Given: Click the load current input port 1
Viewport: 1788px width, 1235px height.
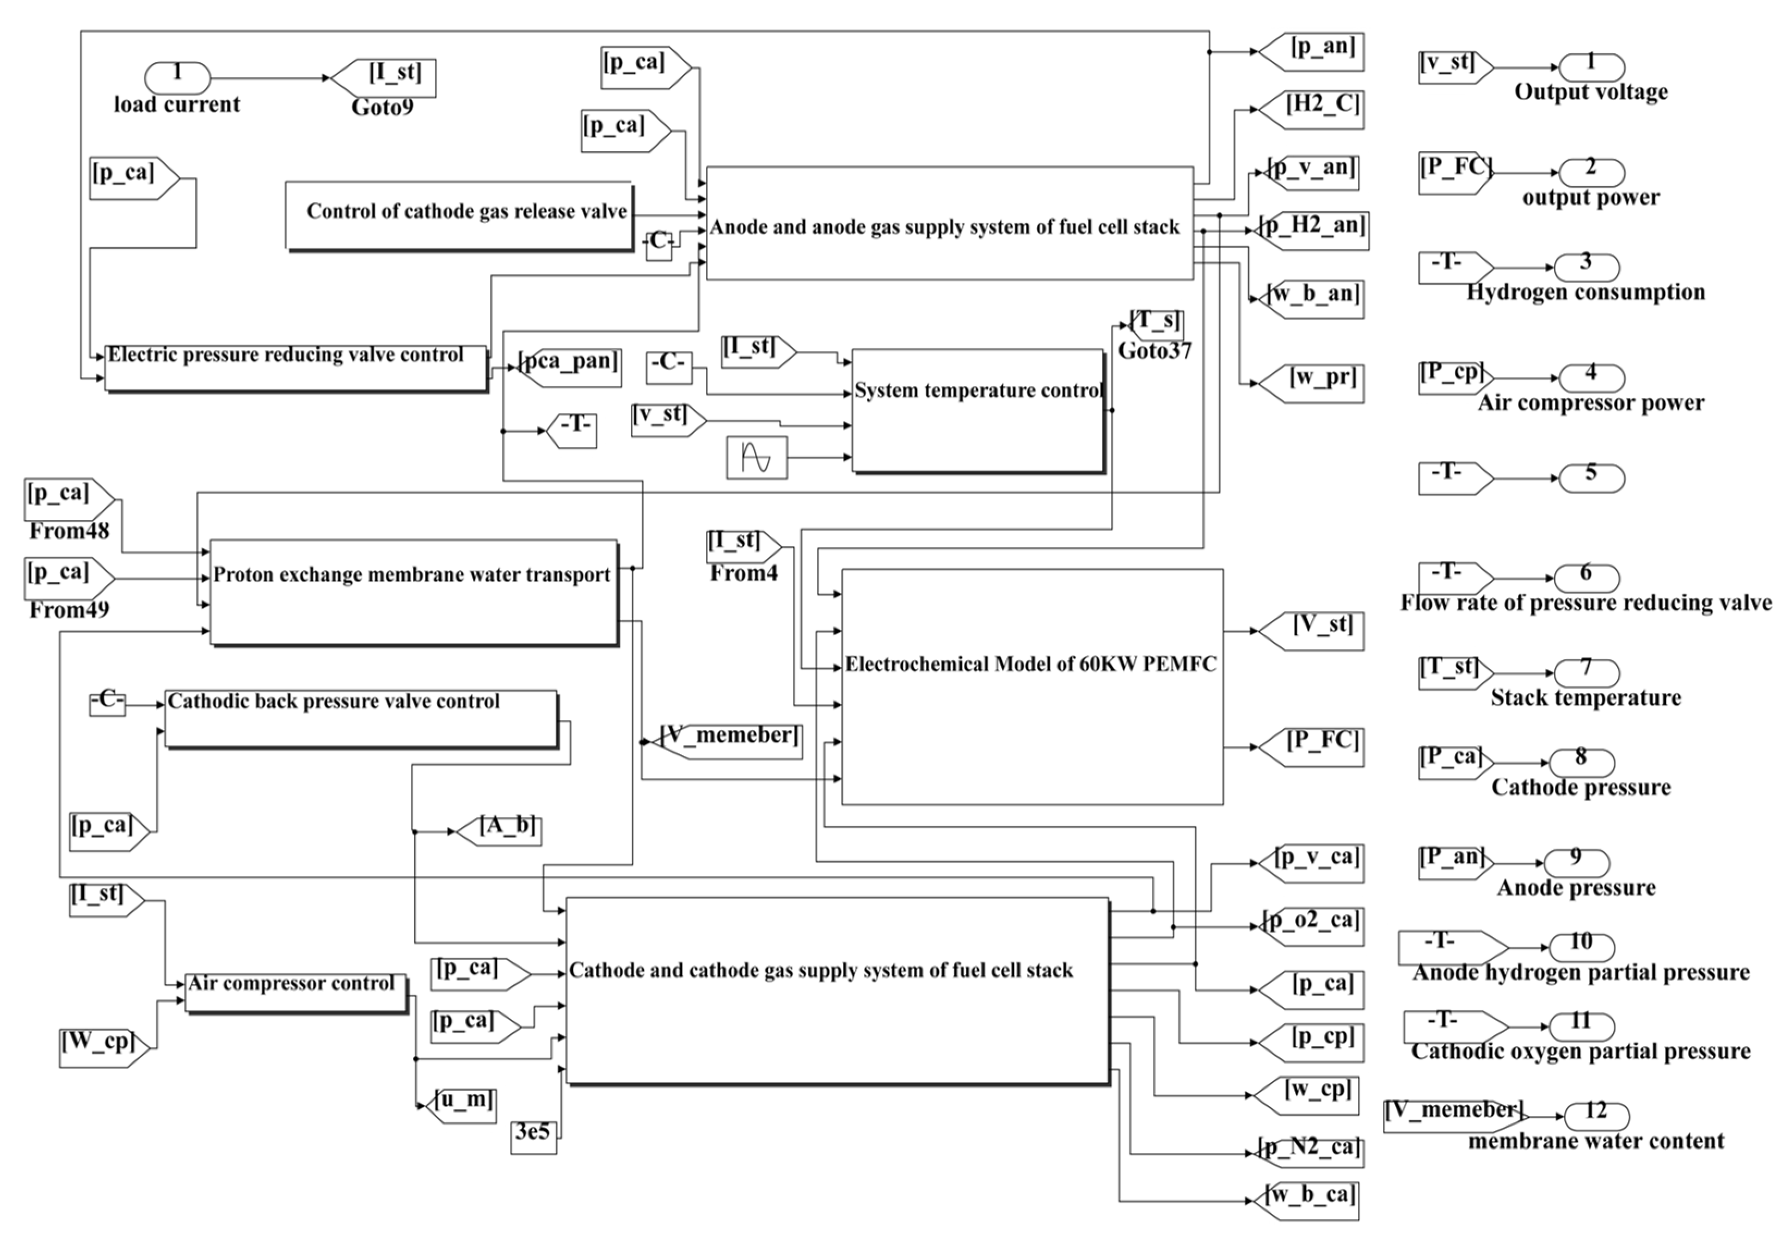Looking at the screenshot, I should pyautogui.click(x=177, y=78).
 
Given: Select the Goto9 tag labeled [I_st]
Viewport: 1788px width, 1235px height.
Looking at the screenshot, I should pyautogui.click(x=384, y=78).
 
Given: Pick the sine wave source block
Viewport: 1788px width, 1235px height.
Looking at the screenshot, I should pyautogui.click(x=756, y=457).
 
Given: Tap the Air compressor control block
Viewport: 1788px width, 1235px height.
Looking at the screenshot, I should pyautogui.click(x=296, y=992).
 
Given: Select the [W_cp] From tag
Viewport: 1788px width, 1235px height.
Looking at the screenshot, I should pyautogui.click(x=103, y=1048).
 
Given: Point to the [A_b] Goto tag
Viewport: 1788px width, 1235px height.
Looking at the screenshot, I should pyautogui.click(x=498, y=831).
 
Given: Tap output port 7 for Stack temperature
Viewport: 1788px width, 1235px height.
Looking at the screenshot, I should pyautogui.click(x=1586, y=672).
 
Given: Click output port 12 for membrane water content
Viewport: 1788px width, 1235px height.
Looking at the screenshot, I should pyautogui.click(x=1596, y=1116).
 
